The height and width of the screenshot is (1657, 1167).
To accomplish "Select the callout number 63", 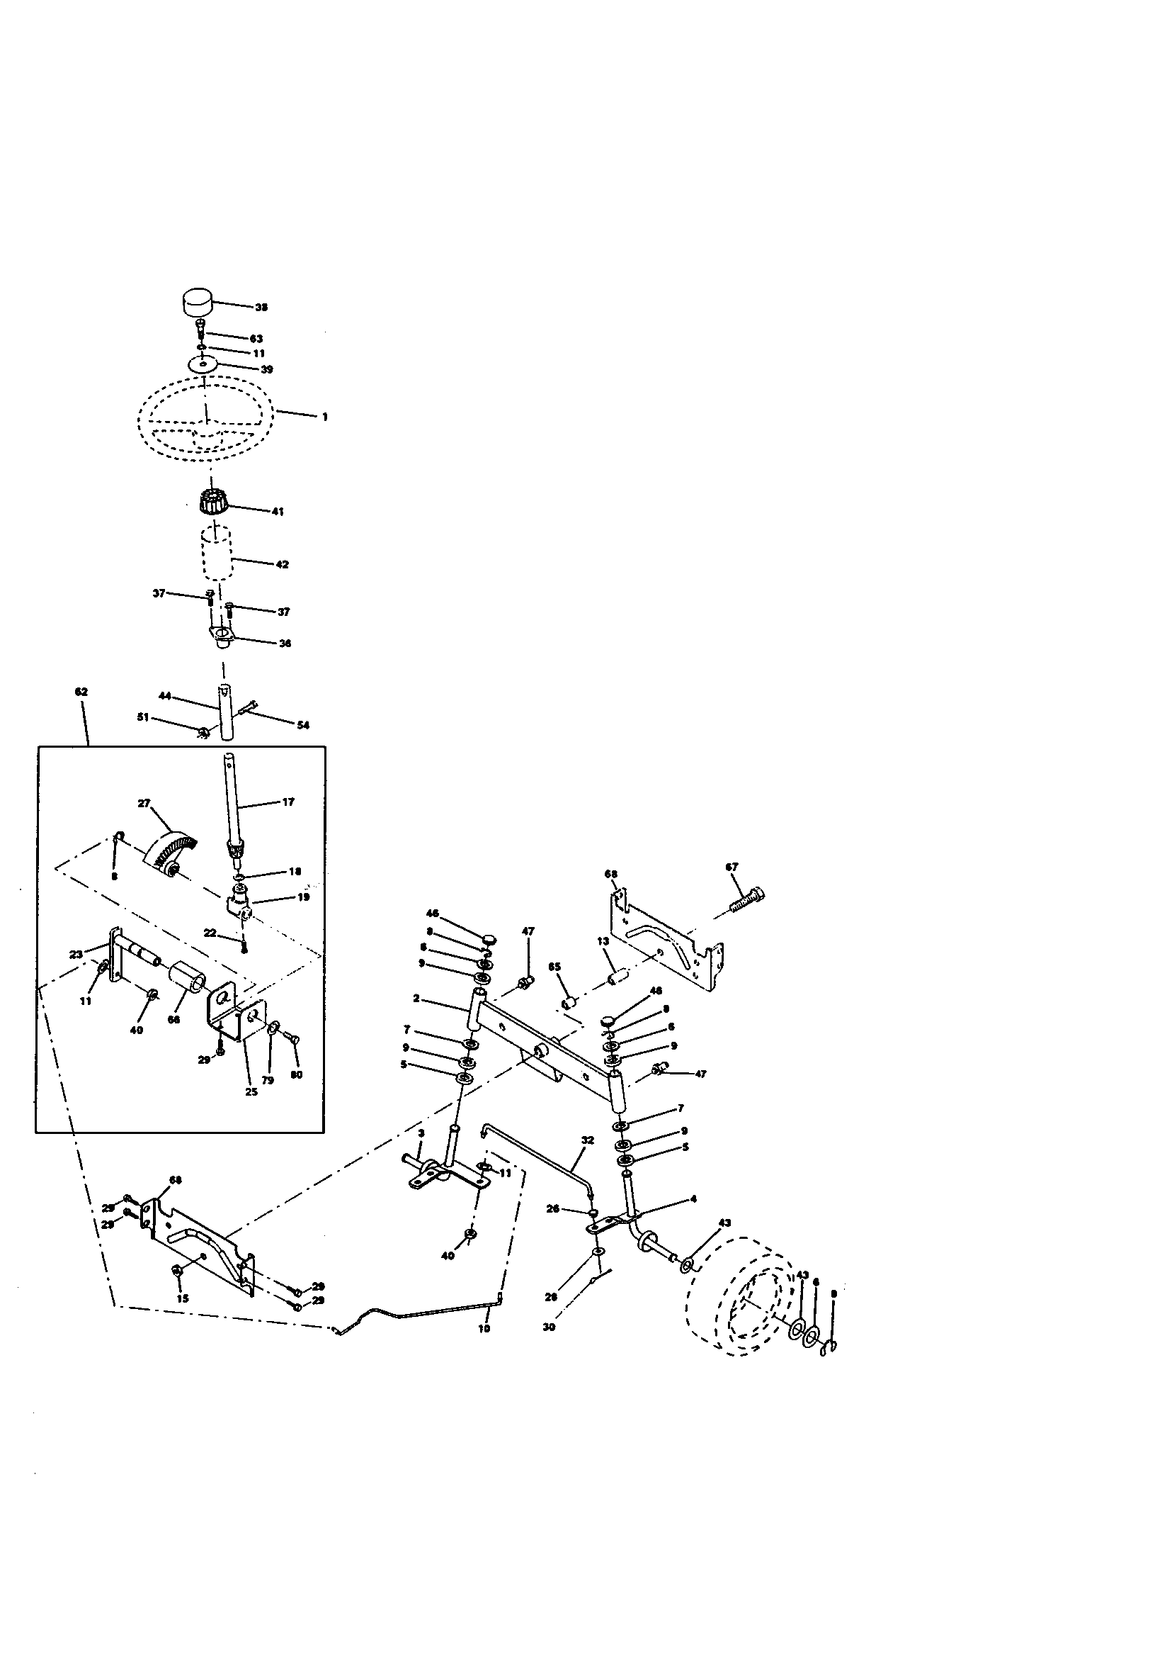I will (256, 339).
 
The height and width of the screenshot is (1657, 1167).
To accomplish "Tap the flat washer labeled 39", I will (204, 364).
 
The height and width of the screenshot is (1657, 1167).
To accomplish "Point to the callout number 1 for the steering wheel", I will (324, 417).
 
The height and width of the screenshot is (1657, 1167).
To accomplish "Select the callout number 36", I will (285, 643).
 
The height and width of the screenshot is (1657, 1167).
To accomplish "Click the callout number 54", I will (303, 725).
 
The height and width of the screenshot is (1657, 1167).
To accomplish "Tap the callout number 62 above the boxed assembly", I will (81, 692).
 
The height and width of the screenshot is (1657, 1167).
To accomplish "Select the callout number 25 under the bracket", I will (251, 1092).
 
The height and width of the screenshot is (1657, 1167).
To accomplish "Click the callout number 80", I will (297, 1074).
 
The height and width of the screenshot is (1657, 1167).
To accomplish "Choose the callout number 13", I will (603, 941).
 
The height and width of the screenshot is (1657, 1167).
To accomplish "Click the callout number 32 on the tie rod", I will (588, 1140).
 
